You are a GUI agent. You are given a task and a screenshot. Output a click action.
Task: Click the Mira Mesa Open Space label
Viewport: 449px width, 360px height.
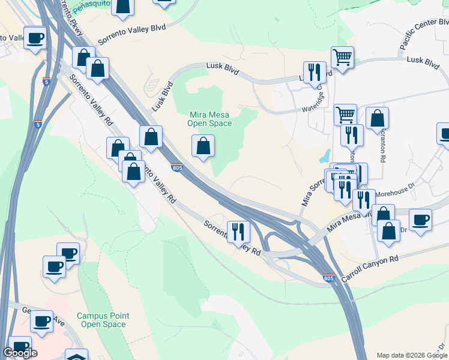coord(210,119)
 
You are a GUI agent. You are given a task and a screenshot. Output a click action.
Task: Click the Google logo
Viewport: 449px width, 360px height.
coord(20,353)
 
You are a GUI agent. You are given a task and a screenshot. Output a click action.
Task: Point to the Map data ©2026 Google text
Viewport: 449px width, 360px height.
coord(412,355)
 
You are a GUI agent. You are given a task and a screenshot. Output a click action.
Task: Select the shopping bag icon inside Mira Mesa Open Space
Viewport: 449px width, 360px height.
coord(203,146)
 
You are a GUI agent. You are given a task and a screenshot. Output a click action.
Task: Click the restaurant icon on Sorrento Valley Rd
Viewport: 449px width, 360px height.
coord(239,231)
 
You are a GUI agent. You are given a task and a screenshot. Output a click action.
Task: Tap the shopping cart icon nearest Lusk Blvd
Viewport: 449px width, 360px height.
coord(342,58)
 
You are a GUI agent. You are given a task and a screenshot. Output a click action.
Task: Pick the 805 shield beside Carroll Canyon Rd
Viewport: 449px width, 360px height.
coord(328,278)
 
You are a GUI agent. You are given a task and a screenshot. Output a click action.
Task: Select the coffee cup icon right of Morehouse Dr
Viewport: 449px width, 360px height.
coord(420,220)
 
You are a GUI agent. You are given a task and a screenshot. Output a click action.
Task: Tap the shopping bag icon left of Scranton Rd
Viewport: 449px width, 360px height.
coord(377,118)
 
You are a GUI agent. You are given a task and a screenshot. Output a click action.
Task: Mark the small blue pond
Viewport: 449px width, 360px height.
coord(325,157)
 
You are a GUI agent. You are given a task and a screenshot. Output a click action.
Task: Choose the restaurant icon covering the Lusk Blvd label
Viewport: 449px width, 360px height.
coord(315,73)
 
